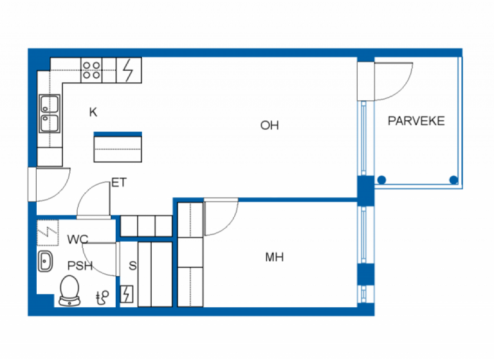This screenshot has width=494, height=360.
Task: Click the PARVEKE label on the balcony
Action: [416, 121]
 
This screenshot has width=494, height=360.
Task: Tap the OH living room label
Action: [270, 125]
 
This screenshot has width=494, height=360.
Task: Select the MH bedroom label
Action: [275, 258]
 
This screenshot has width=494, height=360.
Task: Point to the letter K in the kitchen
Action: [93, 113]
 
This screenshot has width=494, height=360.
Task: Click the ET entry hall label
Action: [119, 183]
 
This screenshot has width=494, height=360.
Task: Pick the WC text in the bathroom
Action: [78, 240]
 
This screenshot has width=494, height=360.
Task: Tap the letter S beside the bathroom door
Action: [133, 265]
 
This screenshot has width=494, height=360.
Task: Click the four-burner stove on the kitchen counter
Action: [91, 69]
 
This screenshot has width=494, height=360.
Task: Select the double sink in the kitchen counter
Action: [50, 113]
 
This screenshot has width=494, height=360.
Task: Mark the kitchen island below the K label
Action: [118, 148]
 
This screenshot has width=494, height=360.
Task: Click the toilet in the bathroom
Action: [69, 289]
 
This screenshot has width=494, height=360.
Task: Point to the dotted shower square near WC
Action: [48, 232]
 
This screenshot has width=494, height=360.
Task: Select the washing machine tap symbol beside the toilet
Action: [102, 296]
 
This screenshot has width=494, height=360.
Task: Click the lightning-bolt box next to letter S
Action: [127, 294]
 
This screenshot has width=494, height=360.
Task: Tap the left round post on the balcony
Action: [382, 180]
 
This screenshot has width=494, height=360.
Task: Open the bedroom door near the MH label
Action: [221, 219]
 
